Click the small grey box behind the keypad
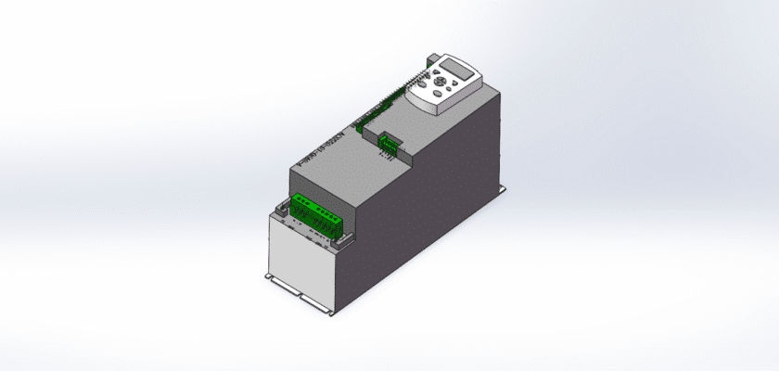coord(428,60)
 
